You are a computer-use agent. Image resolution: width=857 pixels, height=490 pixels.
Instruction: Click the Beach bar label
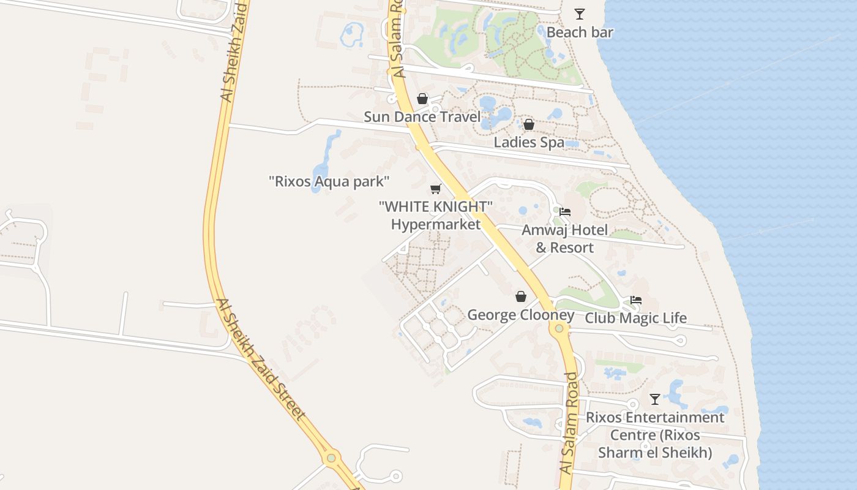point(579,32)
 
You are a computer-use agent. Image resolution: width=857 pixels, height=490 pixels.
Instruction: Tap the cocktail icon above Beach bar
point(579,13)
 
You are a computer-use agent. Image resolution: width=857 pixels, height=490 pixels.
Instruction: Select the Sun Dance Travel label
point(422,116)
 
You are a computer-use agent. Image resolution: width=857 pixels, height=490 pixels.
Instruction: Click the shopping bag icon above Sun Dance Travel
point(422,98)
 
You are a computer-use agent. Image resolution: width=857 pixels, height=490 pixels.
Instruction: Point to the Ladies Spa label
point(529,142)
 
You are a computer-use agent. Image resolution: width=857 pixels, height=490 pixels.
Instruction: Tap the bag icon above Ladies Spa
point(529,124)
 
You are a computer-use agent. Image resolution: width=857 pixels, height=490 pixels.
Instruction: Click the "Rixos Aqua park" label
point(329,181)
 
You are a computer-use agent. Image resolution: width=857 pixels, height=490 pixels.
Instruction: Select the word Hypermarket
point(436,224)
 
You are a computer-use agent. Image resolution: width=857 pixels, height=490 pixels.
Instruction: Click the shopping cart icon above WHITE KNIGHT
point(436,189)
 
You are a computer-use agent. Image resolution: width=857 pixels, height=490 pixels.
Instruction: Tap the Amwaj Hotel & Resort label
point(565,239)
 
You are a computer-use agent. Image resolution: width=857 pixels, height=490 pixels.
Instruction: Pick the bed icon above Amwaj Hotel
point(565,212)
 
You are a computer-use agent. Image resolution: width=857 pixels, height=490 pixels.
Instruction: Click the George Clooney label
point(520,315)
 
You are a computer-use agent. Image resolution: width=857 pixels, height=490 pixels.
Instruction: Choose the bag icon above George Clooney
point(520,296)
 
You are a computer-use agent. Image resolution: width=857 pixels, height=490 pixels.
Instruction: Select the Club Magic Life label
point(635,318)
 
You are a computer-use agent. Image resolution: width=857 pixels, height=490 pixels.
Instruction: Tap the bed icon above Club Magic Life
point(636,300)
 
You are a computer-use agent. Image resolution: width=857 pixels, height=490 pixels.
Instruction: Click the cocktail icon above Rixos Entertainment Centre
point(655,399)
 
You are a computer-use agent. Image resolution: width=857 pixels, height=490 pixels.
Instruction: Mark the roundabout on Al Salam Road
point(559,329)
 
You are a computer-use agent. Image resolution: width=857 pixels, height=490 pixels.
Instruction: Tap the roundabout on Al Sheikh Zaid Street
point(331,458)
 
